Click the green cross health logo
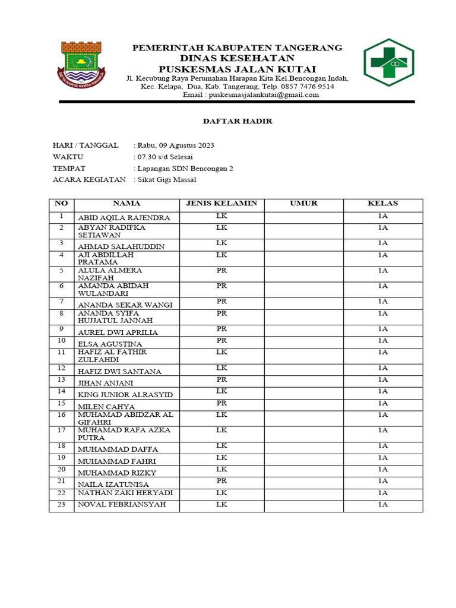(x=389, y=62)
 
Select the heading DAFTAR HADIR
(x=237, y=121)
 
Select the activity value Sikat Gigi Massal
(x=167, y=179)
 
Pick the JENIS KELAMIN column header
(x=221, y=204)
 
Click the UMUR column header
(x=303, y=204)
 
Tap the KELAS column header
(x=382, y=204)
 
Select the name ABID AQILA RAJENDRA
(x=123, y=218)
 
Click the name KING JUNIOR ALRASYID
(x=125, y=395)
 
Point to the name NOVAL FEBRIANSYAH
(x=121, y=505)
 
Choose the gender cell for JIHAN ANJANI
(x=221, y=379)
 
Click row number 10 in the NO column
(x=61, y=341)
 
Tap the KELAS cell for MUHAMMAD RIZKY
(x=382, y=469)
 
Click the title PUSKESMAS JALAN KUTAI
(x=236, y=69)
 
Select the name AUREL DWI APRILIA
(x=118, y=332)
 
